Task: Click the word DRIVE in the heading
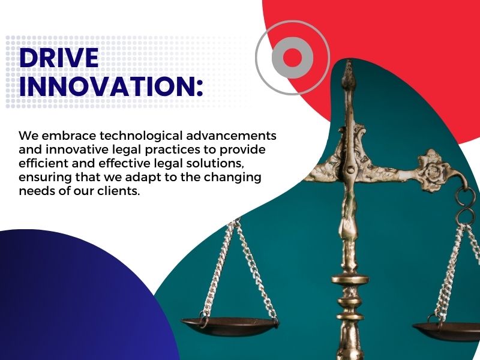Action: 59,58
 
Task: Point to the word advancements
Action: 231,136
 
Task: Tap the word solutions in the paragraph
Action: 217,164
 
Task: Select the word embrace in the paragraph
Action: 69,136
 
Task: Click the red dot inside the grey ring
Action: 292,58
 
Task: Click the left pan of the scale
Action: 230,326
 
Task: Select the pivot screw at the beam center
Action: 350,169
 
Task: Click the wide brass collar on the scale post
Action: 350,279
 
